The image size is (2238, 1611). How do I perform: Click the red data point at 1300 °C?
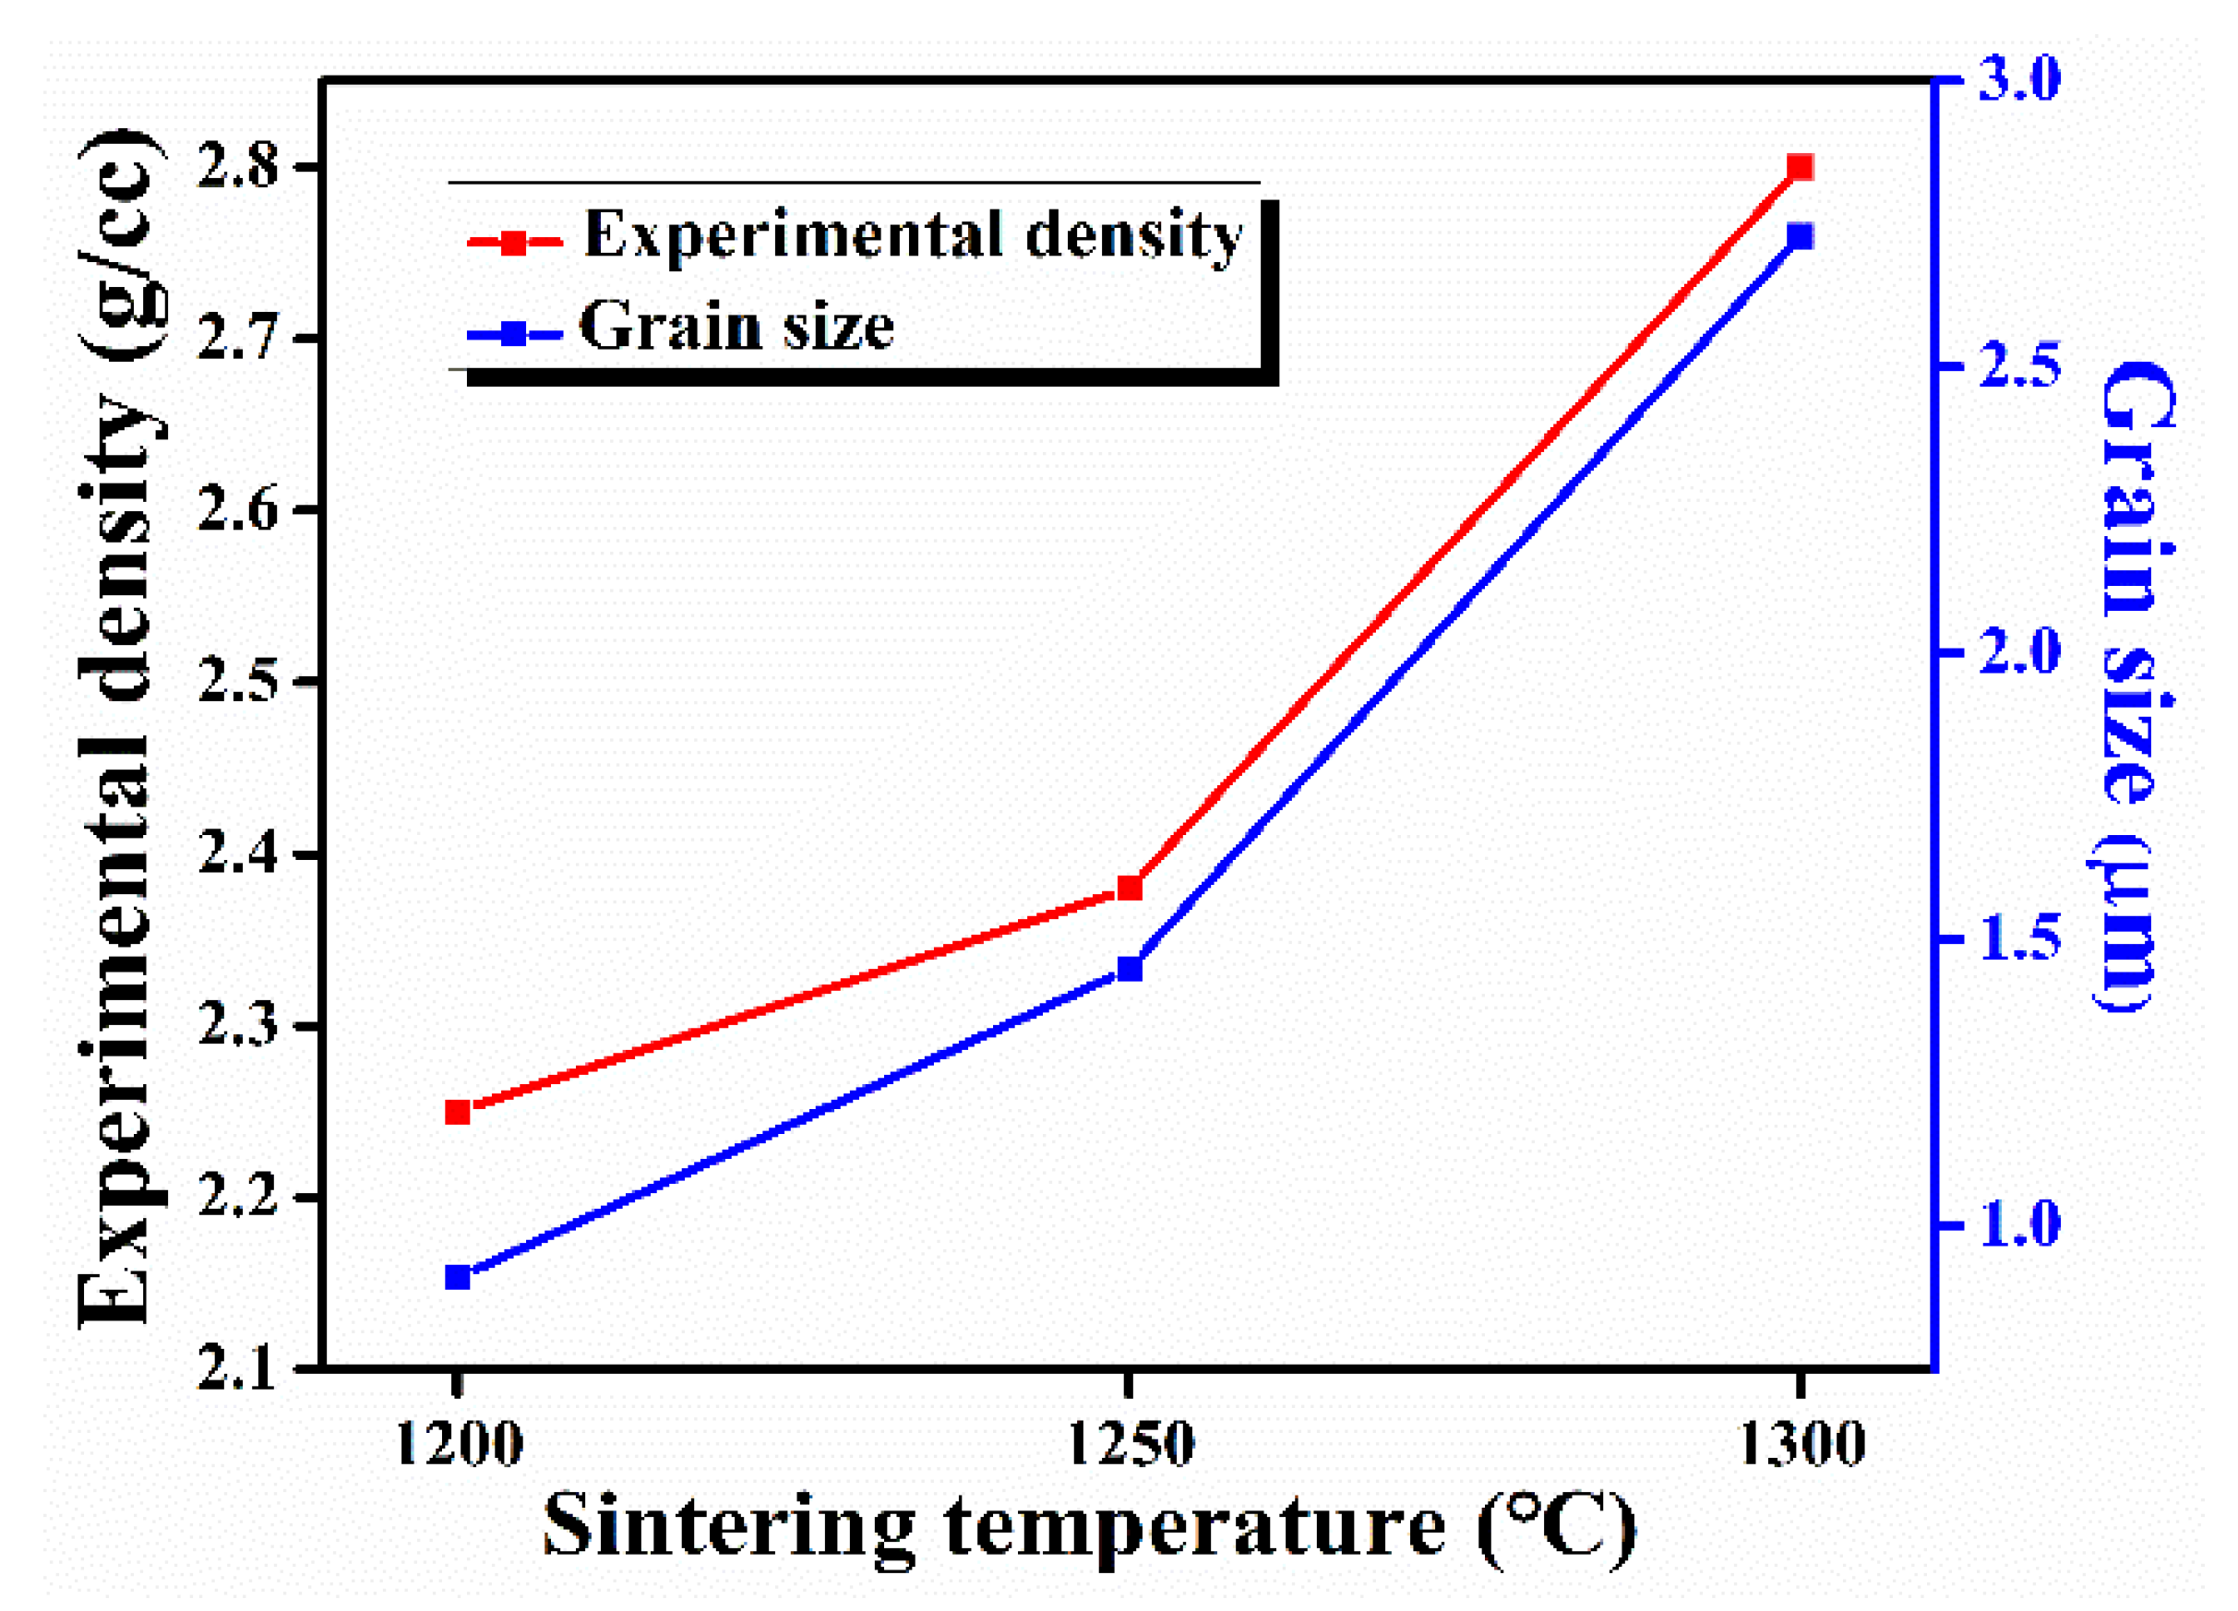[x=1800, y=167]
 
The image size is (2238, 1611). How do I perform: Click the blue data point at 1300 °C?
[x=1800, y=237]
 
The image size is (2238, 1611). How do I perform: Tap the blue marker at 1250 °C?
[x=1130, y=970]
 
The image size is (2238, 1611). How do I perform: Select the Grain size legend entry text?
[x=736, y=328]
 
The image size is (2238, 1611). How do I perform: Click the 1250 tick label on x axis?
[x=1131, y=1445]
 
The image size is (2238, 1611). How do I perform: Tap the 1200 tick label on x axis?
[x=458, y=1445]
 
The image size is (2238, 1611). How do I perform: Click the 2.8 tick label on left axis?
[x=237, y=168]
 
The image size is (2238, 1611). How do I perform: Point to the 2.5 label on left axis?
[x=237, y=683]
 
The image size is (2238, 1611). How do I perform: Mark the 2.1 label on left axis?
[x=237, y=1369]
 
